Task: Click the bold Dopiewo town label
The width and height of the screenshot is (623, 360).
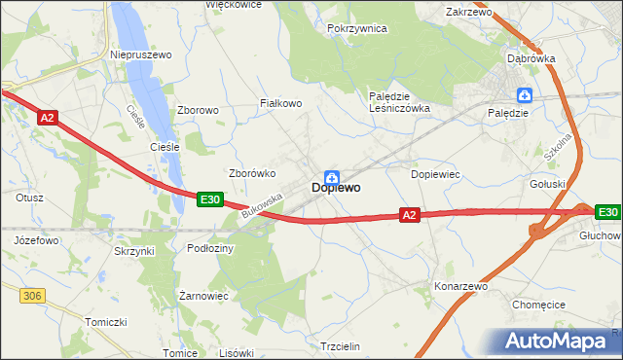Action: tap(337, 189)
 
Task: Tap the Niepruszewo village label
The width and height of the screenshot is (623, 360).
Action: tap(141, 55)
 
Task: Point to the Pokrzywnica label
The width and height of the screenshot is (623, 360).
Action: tap(357, 29)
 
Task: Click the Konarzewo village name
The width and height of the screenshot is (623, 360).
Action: tap(460, 287)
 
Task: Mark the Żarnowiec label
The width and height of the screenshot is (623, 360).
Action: tap(203, 295)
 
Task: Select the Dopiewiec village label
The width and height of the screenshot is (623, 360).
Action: tap(435, 173)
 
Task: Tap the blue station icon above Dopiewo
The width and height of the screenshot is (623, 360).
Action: tap(332, 176)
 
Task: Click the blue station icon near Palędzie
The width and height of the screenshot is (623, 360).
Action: tap(526, 94)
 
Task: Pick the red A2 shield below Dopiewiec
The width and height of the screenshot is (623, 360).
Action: tap(410, 215)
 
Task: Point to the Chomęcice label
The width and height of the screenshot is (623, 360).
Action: tap(538, 305)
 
